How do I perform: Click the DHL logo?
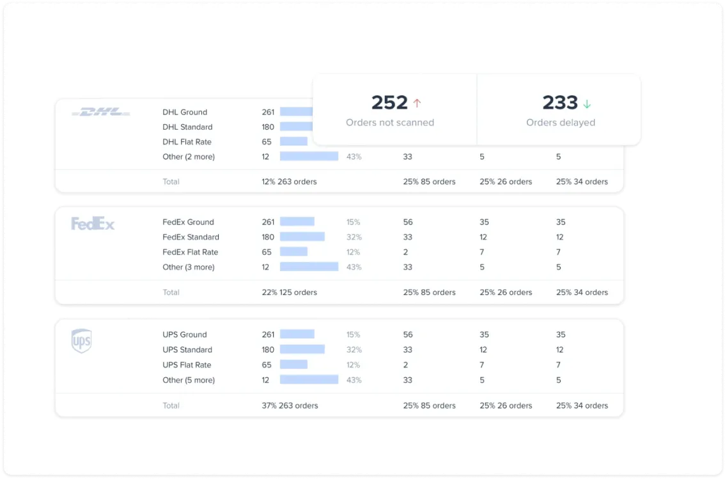(x=101, y=112)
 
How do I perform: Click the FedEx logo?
(x=93, y=224)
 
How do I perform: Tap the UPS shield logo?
(x=81, y=341)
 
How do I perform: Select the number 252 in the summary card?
(x=389, y=102)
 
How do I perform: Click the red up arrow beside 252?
(x=417, y=103)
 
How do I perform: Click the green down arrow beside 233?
(x=587, y=103)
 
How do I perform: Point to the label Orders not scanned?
(x=390, y=122)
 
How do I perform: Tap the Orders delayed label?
(x=560, y=122)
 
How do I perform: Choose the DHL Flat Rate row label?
(x=187, y=142)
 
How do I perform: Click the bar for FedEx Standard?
(x=302, y=237)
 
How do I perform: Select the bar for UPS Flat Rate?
(x=293, y=365)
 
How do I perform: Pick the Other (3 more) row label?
(x=189, y=267)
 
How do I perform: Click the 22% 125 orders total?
(x=289, y=292)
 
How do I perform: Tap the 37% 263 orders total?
(x=290, y=405)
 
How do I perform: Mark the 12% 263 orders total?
(x=289, y=182)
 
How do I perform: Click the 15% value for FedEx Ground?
(x=353, y=223)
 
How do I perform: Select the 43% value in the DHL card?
(x=354, y=157)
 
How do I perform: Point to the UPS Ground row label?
(x=185, y=334)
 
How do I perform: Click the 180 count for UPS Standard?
(x=268, y=350)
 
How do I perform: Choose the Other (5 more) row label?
(x=189, y=380)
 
